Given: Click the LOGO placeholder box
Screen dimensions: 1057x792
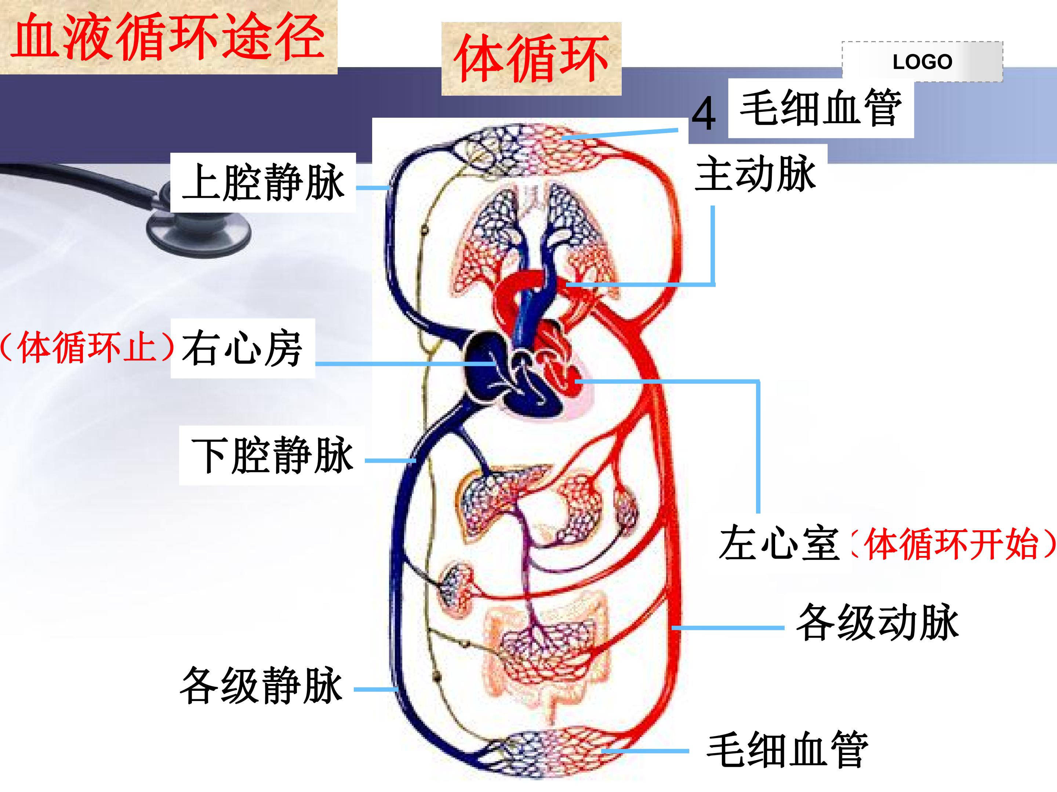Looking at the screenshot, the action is (x=922, y=62).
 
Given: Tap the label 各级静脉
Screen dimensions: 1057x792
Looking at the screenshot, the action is (x=261, y=685).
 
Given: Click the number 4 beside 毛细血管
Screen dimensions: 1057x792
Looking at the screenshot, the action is (x=704, y=114).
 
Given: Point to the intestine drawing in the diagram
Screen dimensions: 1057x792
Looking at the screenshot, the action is (x=545, y=661).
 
